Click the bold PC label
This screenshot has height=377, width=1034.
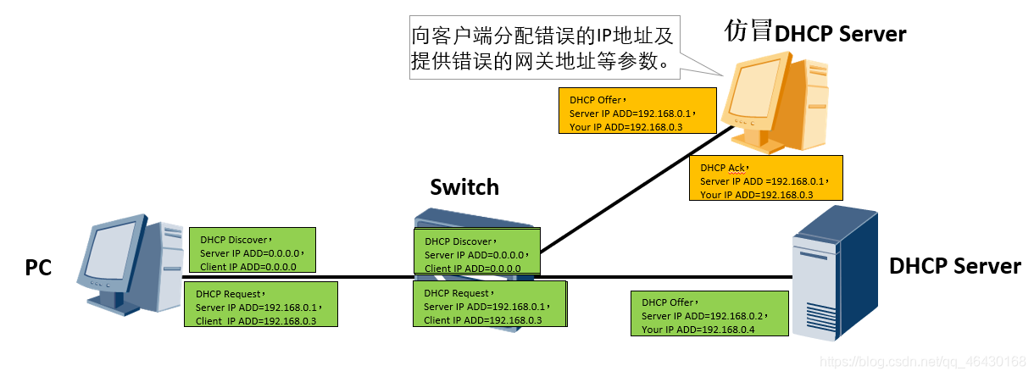(x=38, y=268)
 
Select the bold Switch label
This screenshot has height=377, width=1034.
(x=464, y=187)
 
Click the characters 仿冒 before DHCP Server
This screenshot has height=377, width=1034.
(x=748, y=31)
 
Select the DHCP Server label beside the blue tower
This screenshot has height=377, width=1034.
(x=954, y=266)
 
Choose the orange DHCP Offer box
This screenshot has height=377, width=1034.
(x=630, y=110)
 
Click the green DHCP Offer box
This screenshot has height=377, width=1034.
(x=709, y=313)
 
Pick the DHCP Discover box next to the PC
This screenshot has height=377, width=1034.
(x=252, y=252)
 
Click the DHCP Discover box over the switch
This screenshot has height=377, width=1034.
(x=476, y=253)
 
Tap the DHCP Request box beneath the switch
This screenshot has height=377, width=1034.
(x=489, y=304)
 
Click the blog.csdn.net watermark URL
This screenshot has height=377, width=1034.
(x=923, y=363)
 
